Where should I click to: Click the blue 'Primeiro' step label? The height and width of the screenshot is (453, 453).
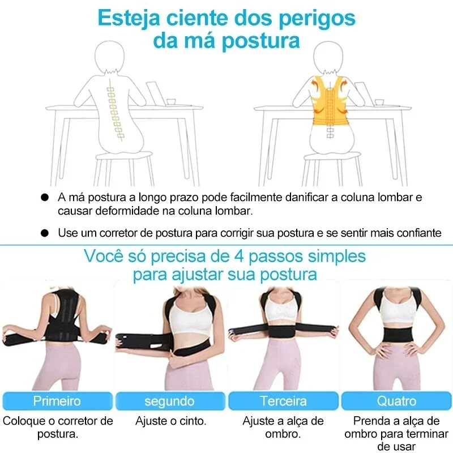(57, 401)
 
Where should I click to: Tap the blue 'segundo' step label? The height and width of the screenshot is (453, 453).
(170, 401)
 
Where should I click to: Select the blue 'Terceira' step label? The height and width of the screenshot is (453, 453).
(283, 401)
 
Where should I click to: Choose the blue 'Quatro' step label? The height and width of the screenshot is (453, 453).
(396, 401)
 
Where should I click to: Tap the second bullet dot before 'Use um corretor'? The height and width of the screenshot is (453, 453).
(45, 233)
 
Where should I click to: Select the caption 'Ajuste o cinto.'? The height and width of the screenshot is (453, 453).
(170, 421)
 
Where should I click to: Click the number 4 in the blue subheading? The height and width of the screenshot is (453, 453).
(240, 256)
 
